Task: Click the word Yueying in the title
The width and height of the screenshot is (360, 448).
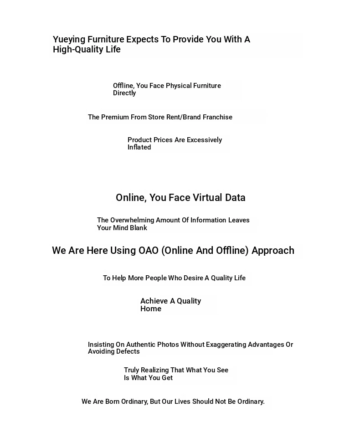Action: click(69, 40)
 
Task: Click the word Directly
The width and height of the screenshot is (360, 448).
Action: click(124, 93)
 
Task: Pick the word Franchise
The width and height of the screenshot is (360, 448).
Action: click(217, 117)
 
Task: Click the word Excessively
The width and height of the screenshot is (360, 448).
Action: click(205, 140)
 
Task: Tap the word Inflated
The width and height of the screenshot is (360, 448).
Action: click(139, 147)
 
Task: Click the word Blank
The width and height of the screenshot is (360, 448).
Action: click(138, 228)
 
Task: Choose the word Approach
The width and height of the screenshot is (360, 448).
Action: click(273, 251)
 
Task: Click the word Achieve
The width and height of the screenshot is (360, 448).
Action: click(154, 301)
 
